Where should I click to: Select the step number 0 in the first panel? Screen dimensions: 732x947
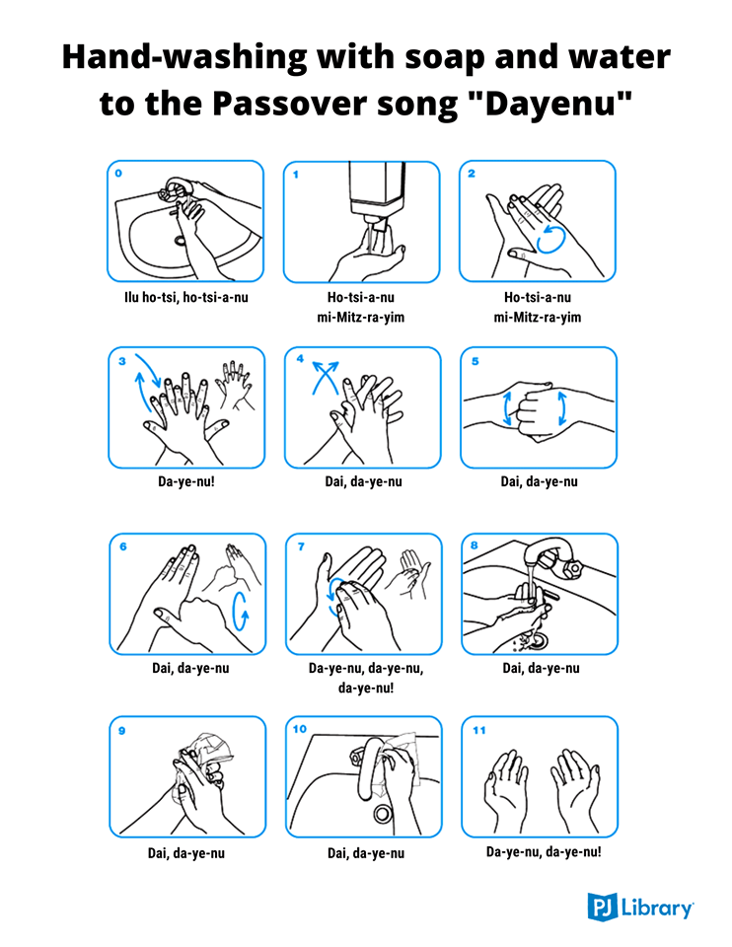tap(118, 174)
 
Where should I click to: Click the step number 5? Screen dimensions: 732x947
tap(476, 361)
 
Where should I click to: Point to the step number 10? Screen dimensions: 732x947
tap(300, 729)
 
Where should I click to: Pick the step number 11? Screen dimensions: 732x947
tap(478, 730)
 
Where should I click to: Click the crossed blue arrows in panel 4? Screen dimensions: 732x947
tap(325, 378)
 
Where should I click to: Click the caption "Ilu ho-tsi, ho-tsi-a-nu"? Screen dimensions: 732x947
tap(186, 297)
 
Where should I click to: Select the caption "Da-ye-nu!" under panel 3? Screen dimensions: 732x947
tap(186, 482)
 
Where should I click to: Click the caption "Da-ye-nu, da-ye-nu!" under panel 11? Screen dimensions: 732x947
tap(544, 852)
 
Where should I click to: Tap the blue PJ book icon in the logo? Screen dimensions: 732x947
tap(602, 908)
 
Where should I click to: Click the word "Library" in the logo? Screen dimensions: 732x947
tap(657, 908)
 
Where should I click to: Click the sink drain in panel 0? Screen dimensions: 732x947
tap(181, 241)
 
